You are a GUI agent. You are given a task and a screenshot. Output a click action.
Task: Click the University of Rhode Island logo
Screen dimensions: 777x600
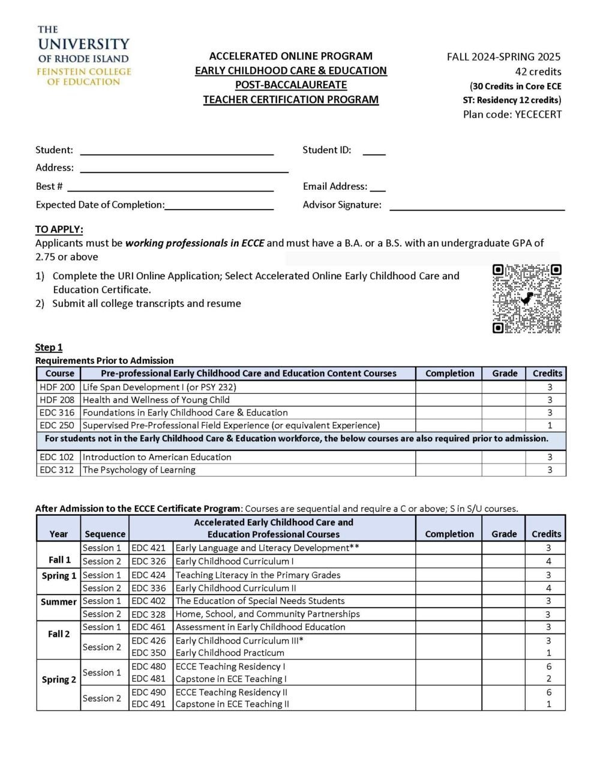click(x=83, y=55)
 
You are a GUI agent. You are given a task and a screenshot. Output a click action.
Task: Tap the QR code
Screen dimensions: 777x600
click(x=527, y=298)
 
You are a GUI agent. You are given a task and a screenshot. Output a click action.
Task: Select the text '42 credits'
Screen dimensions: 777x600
click(x=538, y=71)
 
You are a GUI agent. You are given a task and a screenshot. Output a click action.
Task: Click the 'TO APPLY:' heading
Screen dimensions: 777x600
click(x=59, y=229)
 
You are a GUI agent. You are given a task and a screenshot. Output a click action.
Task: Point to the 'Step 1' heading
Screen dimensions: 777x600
click(x=49, y=347)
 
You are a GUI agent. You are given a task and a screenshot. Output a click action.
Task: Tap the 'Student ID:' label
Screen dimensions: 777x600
click(x=326, y=150)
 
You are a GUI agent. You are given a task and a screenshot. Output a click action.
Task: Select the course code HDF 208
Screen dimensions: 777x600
click(x=57, y=400)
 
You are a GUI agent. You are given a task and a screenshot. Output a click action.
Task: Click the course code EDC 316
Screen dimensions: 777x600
click(x=57, y=413)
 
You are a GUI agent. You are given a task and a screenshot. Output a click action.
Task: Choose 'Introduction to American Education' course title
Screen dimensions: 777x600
click(x=157, y=457)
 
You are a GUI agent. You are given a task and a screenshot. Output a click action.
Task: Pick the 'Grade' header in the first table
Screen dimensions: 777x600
click(x=505, y=373)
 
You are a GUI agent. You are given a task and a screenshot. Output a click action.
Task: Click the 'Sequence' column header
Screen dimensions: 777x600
click(x=105, y=534)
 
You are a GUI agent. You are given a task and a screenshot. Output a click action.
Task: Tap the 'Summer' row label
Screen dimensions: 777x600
click(x=58, y=602)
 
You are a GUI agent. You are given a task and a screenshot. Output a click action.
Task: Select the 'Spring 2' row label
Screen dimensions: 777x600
click(x=59, y=680)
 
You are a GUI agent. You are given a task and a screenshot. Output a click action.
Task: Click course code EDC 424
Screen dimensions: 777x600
click(x=148, y=575)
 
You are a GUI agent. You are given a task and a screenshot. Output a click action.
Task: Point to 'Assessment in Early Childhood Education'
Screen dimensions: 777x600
click(x=260, y=627)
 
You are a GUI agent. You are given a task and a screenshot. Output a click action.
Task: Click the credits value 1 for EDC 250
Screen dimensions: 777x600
click(x=549, y=425)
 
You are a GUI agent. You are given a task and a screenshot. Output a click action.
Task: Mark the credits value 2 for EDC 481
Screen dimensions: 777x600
click(x=549, y=679)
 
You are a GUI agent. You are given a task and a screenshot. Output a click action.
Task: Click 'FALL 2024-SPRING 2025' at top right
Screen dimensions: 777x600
click(x=503, y=57)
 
